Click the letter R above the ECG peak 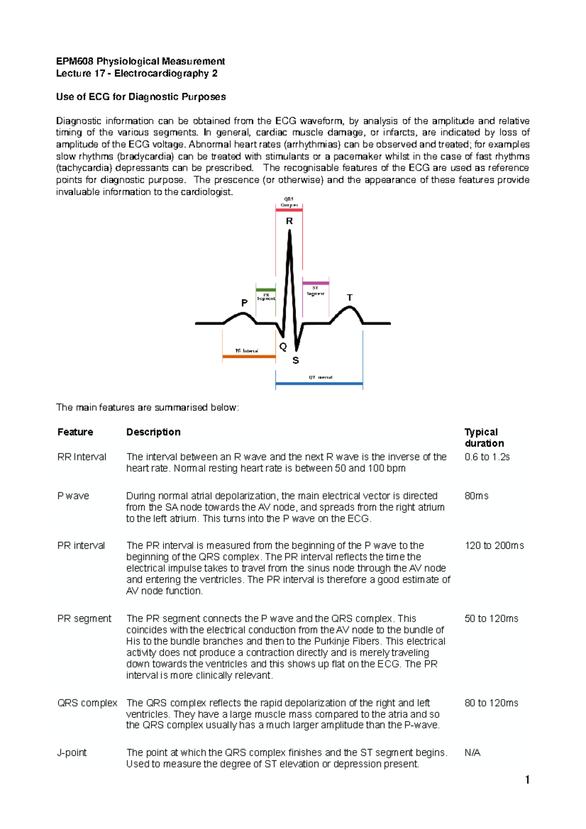(290, 221)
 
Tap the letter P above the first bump (245, 303)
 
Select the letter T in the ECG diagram (350, 298)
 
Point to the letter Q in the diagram (283, 347)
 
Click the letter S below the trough (295, 361)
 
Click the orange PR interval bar (249, 357)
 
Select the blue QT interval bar (319, 384)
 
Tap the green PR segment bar (266, 290)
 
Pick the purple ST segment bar (315, 283)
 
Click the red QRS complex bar (289, 210)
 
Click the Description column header (153, 432)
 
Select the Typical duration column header (484, 437)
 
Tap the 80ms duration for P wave (477, 496)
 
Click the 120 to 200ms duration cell (494, 546)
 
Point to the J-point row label (72, 753)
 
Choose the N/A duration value (473, 753)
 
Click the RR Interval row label (82, 457)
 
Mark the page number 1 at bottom (527, 780)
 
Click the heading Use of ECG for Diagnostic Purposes (141, 97)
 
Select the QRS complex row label (87, 703)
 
